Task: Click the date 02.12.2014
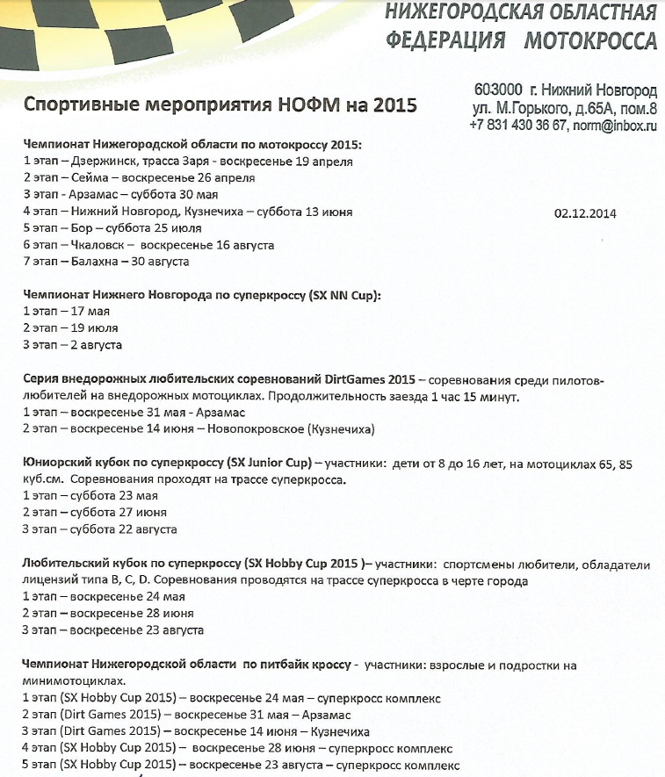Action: [x=586, y=212]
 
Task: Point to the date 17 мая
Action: [x=85, y=313]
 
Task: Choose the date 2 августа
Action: [x=90, y=345]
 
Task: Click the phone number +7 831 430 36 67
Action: [x=517, y=126]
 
